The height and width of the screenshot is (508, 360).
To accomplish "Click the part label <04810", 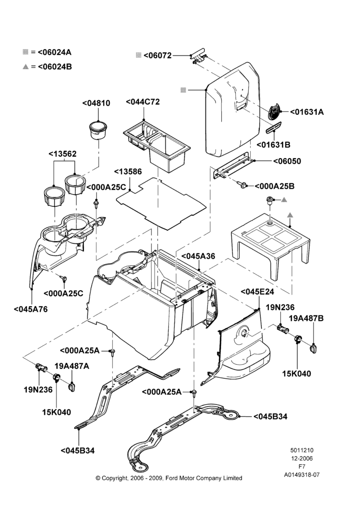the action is pyautogui.click(x=96, y=103).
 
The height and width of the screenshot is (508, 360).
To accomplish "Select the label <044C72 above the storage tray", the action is pyautogui.click(x=143, y=102).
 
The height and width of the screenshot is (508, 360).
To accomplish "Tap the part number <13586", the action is pyautogui.click(x=128, y=171).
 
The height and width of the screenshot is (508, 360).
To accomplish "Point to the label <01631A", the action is pyautogui.click(x=307, y=112).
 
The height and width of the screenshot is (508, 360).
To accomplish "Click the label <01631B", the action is pyautogui.click(x=274, y=145).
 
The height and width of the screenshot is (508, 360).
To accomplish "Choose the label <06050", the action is pyautogui.click(x=287, y=161).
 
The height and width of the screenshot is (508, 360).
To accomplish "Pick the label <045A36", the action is pyautogui.click(x=198, y=256).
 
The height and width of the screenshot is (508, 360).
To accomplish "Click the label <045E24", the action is pyautogui.click(x=257, y=292).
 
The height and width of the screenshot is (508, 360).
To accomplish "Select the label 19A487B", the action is pyautogui.click(x=306, y=318).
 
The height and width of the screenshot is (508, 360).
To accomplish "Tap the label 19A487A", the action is pyautogui.click(x=72, y=366).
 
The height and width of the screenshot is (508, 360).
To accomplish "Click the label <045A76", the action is pyautogui.click(x=31, y=309).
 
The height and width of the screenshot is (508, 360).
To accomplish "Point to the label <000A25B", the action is pyautogui.click(x=275, y=186).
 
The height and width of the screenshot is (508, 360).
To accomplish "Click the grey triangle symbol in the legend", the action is pyautogui.click(x=25, y=67).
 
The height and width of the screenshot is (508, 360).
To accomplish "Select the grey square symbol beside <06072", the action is pyautogui.click(x=138, y=55).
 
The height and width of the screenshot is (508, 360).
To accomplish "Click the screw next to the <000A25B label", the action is pyautogui.click(x=242, y=184).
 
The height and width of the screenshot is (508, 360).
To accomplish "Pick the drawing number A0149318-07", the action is pyautogui.click(x=302, y=475).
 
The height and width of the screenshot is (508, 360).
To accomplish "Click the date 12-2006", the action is pyautogui.click(x=302, y=458).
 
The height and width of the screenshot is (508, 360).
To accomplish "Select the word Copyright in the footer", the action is pyautogui.click(x=114, y=478).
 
